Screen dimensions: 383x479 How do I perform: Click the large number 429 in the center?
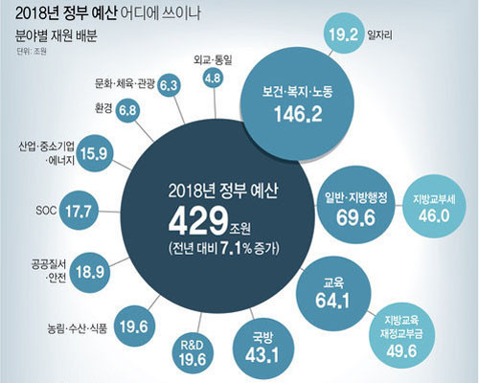[198, 222]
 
